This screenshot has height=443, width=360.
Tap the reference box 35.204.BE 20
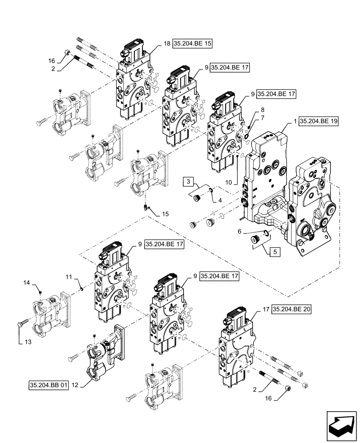[291, 310]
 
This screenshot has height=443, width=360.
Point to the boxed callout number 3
[188, 181]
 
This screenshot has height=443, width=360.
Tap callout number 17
[265, 310]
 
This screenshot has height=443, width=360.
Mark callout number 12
[75, 385]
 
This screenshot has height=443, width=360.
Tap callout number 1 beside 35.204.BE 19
[294, 120]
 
